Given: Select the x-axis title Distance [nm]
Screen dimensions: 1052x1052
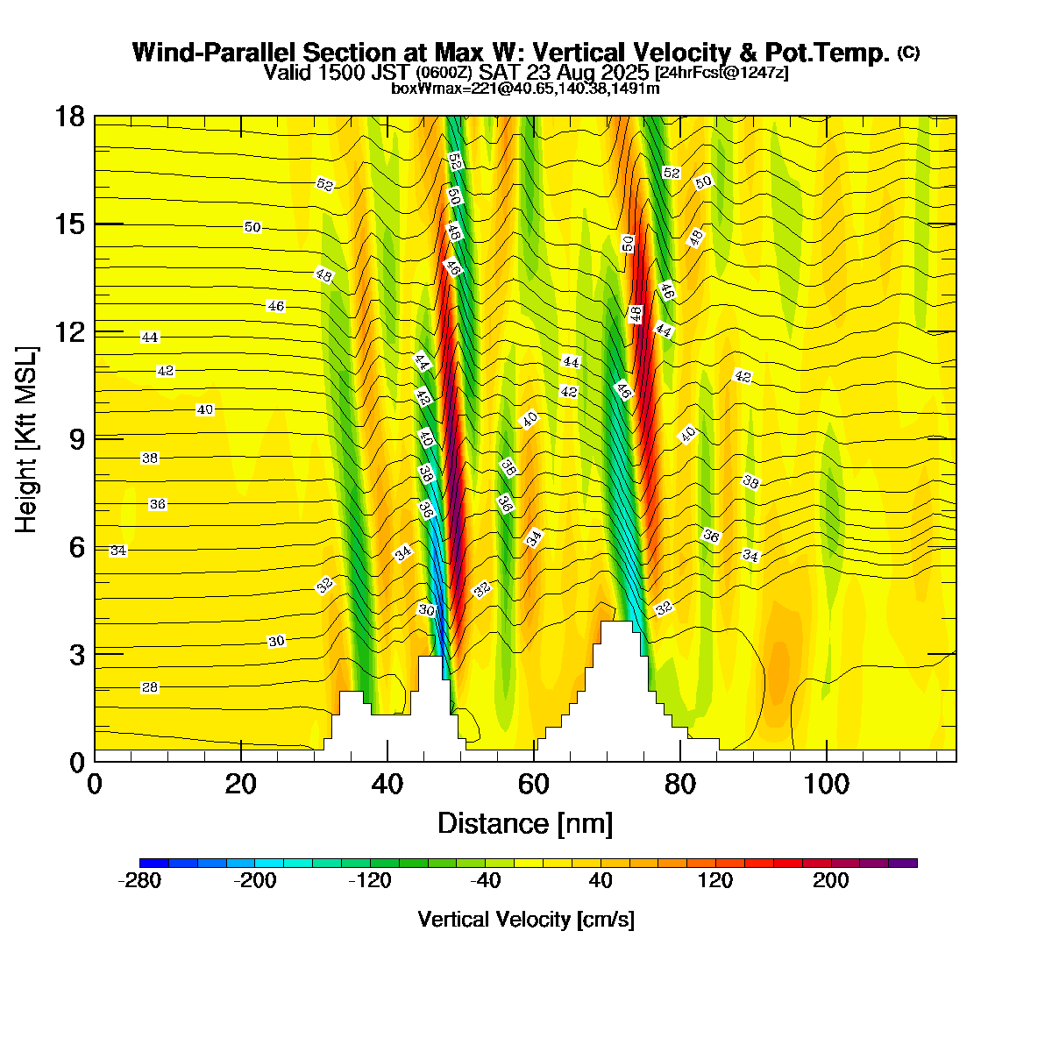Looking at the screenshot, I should coord(525,824).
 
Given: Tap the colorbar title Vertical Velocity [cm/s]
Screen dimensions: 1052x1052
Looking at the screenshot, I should coord(526,920).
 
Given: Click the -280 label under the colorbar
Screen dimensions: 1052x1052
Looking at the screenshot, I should coord(139,881).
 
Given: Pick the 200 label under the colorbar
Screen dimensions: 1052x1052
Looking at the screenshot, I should coord(831,881).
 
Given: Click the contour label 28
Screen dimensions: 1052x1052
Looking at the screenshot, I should coord(150,687).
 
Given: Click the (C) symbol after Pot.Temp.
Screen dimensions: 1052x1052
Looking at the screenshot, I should coord(908,53).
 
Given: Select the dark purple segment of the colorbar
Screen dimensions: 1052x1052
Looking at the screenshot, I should coord(903,863).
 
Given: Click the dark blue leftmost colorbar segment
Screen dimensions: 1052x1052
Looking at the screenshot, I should coord(153,863).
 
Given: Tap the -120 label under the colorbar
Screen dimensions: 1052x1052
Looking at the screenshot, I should coord(369,881).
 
